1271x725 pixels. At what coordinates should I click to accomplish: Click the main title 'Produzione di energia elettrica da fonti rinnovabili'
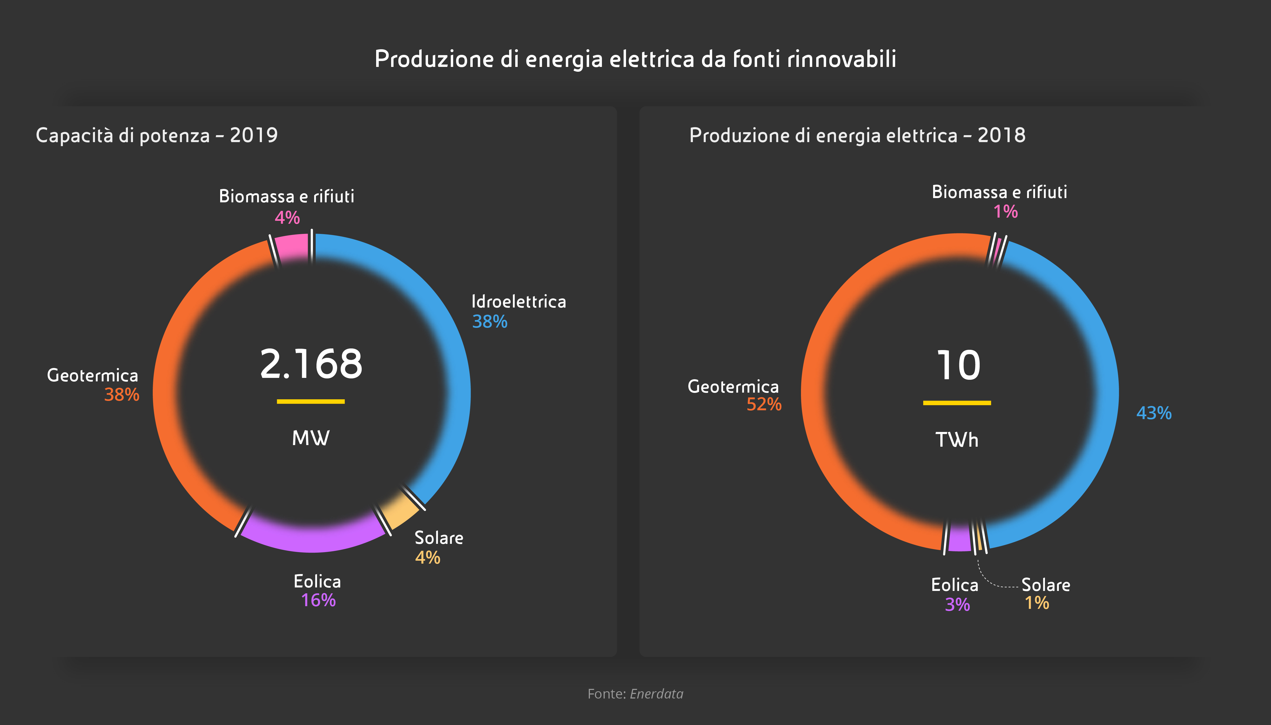pos(635,59)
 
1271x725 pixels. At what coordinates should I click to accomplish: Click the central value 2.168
pos(311,364)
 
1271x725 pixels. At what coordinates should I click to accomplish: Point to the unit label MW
pos(311,438)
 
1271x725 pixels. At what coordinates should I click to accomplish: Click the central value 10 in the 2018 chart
pos(958,366)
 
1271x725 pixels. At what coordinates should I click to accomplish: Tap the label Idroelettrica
pos(518,302)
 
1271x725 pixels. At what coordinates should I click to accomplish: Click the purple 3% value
pos(957,605)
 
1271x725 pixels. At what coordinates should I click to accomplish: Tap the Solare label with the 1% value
pos(1045,585)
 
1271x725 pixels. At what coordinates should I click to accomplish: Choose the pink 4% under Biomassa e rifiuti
pos(287,218)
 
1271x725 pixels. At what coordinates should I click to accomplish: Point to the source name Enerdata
pos(657,694)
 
